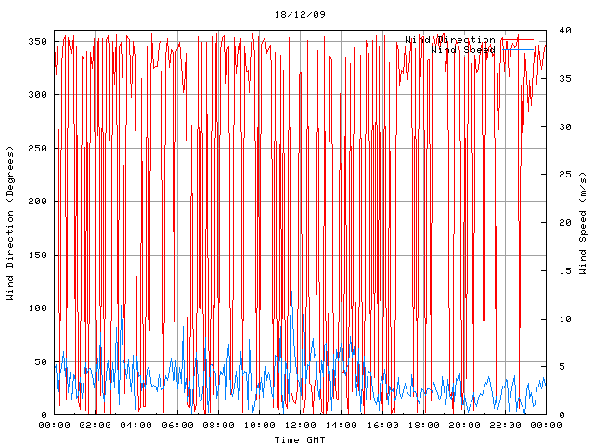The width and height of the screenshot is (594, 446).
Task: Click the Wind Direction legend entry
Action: pos(450,39)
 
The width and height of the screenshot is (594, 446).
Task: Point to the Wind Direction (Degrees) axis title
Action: pos(11,223)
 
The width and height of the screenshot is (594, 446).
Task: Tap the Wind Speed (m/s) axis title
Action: pos(583,223)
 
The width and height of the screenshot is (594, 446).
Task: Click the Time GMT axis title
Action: pos(300,439)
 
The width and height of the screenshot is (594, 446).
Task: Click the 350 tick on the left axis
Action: pos(37,42)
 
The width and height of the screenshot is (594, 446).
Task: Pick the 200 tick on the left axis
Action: pos(37,202)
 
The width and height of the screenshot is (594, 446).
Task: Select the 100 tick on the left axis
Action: pos(37,308)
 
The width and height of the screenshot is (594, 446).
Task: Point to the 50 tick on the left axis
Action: pos(40,361)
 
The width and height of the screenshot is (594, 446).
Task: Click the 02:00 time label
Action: pos(96,425)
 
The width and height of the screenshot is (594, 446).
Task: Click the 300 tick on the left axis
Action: pos(37,95)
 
